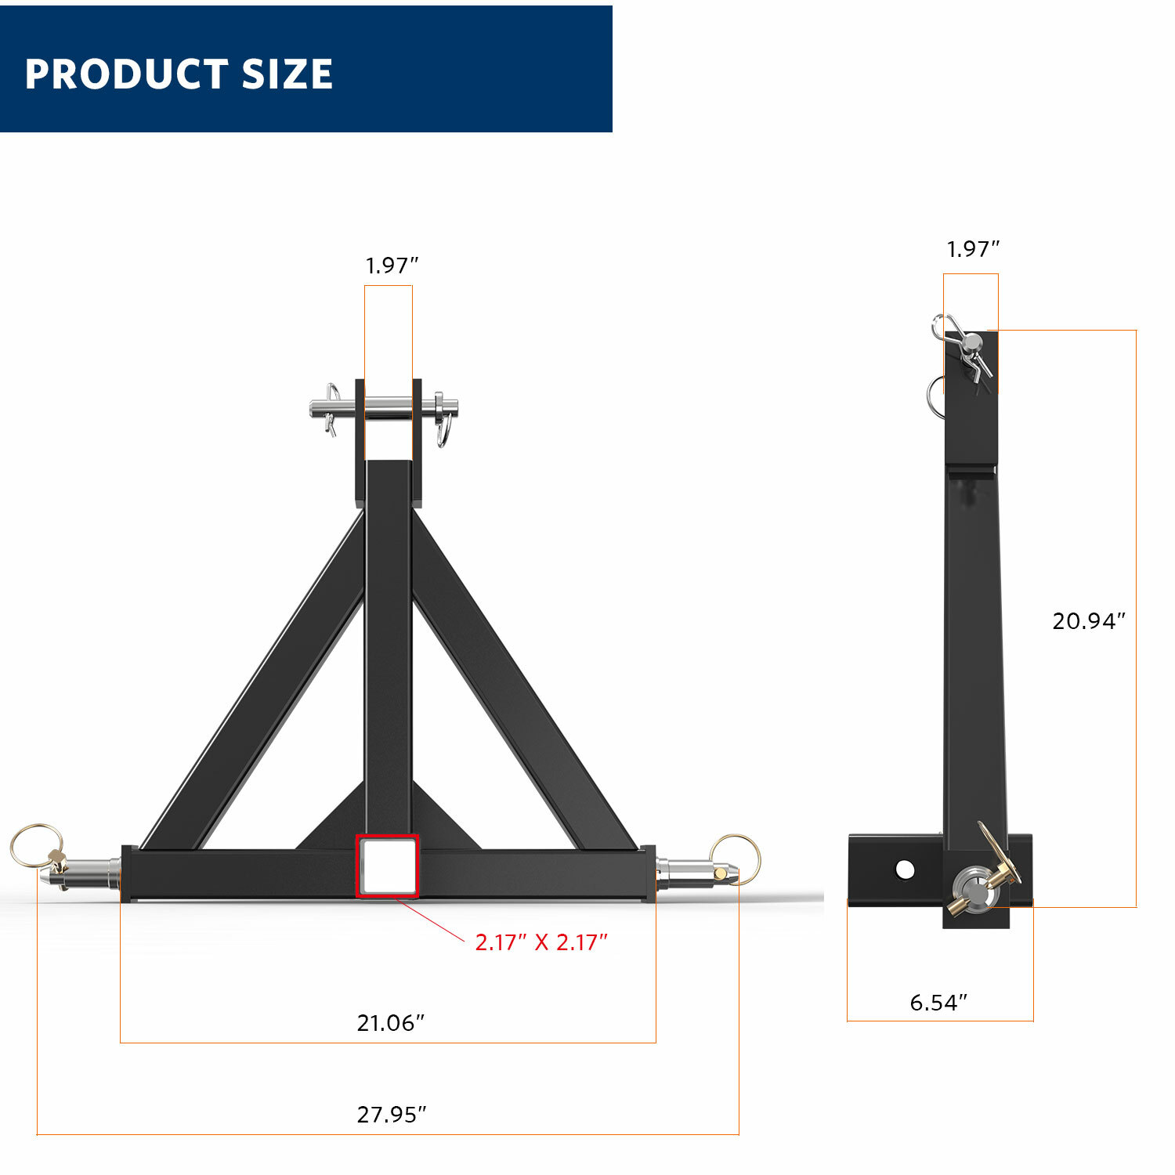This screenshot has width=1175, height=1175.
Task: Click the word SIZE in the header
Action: click(287, 74)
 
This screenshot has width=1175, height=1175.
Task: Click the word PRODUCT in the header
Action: click(125, 74)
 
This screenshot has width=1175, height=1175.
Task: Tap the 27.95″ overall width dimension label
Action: click(392, 1114)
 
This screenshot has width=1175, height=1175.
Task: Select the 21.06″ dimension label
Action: click(390, 1022)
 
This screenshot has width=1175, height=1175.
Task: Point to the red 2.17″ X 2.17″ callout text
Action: click(540, 942)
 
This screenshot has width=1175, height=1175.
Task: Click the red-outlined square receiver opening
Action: click(388, 866)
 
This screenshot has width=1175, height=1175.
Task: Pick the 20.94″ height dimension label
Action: click(1088, 620)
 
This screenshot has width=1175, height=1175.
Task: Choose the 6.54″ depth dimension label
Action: click(938, 1002)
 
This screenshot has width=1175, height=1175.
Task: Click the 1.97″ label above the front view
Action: click(392, 266)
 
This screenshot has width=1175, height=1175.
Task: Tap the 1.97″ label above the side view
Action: click(973, 249)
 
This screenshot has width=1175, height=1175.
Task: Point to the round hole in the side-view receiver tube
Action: click(905, 869)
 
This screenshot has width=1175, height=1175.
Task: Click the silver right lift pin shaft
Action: click(689, 869)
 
